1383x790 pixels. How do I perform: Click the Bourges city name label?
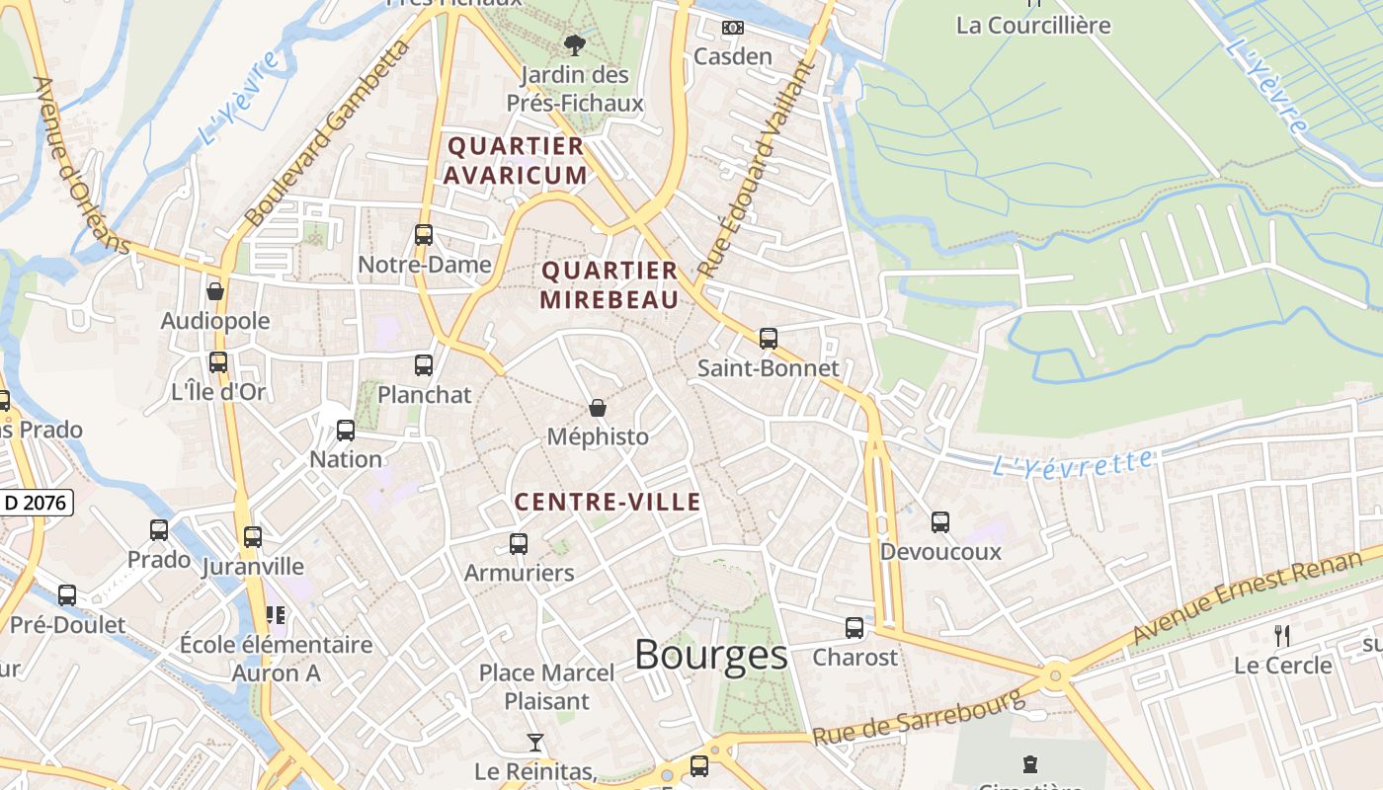(710, 655)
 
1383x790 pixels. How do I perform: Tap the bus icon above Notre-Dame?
(424, 235)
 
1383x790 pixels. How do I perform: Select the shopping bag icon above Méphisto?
(598, 408)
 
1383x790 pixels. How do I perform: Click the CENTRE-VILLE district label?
(608, 502)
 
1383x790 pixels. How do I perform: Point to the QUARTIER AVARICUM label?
(515, 161)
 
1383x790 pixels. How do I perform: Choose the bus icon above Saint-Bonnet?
(769, 339)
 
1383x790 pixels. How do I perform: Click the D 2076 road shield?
(36, 503)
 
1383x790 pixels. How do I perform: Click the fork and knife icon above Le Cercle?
(1282, 635)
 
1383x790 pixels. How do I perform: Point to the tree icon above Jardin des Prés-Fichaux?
(574, 44)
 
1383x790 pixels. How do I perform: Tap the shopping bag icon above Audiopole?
(215, 291)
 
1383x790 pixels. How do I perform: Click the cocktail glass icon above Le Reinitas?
(534, 742)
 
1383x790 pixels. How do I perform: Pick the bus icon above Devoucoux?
(940, 521)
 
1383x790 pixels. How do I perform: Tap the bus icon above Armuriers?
(519, 543)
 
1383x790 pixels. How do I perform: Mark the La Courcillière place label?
(1033, 25)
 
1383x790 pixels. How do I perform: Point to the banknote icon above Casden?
(732, 28)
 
